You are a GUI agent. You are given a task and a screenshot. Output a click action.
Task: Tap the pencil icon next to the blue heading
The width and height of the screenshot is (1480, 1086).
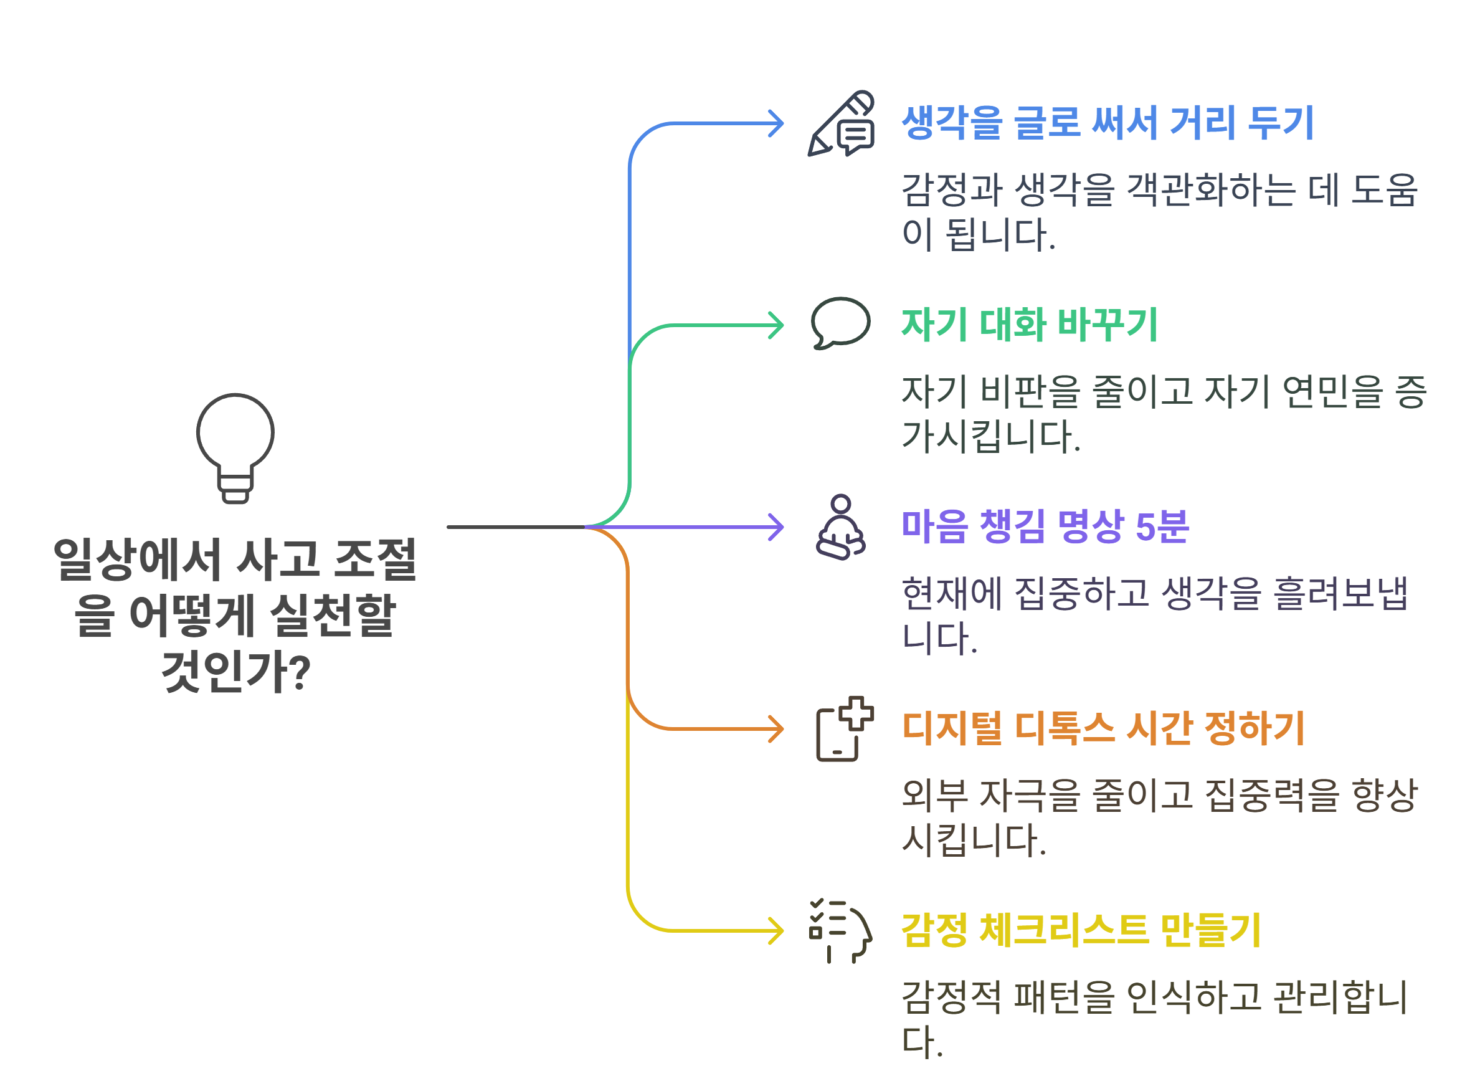click(x=840, y=123)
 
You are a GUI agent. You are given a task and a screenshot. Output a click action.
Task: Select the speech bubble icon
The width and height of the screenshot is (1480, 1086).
click(x=840, y=323)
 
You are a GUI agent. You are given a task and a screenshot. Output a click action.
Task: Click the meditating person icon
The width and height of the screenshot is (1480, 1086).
click(x=840, y=527)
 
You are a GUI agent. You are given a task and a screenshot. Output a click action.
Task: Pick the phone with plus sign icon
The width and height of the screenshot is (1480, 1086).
click(x=844, y=729)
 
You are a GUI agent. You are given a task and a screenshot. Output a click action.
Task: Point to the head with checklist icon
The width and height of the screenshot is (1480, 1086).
click(x=840, y=930)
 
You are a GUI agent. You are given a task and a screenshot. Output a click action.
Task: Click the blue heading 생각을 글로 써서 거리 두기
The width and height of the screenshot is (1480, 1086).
click(x=1108, y=123)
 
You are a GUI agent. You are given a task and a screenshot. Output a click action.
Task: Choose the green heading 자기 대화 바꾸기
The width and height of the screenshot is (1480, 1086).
click(x=1029, y=325)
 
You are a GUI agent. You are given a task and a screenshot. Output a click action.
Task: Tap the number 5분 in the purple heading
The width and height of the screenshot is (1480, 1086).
click(x=1162, y=526)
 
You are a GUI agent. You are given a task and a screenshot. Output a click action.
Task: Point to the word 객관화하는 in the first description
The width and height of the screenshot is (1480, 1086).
click(x=1210, y=190)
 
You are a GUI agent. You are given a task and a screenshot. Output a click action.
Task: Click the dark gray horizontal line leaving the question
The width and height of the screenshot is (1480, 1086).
click(x=516, y=527)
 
